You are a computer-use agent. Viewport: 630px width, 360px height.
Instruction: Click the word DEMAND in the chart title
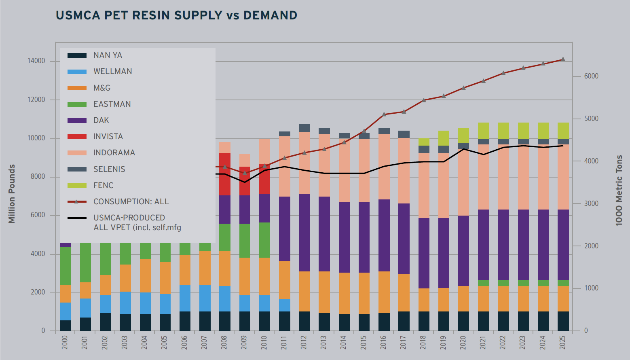[270, 15]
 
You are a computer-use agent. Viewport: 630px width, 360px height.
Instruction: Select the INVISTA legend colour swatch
[77, 137]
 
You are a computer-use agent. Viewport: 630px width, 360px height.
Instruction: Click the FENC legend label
[104, 185]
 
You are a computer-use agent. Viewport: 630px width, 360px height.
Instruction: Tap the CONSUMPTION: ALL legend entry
[131, 201]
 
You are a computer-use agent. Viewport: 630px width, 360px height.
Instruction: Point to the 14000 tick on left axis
[36, 61]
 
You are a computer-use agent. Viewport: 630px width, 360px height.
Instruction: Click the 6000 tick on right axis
[591, 76]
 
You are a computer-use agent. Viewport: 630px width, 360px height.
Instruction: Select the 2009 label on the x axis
[244, 342]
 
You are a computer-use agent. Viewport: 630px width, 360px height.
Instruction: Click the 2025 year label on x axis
[563, 342]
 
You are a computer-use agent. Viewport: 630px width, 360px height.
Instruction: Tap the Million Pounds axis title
[12, 193]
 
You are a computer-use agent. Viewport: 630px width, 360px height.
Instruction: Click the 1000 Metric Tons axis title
[619, 190]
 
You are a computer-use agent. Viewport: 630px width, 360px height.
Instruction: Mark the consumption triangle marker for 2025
[563, 59]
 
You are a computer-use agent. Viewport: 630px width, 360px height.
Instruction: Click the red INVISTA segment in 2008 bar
[225, 174]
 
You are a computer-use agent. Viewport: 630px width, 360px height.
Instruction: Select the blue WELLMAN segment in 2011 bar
[285, 305]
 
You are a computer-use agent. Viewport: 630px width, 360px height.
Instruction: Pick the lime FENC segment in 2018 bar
[424, 142]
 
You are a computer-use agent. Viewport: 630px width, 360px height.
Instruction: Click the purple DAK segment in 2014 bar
[344, 237]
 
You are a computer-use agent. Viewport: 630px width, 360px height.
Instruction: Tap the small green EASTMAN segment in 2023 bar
[523, 283]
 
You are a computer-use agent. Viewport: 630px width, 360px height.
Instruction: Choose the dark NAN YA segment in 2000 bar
[66, 326]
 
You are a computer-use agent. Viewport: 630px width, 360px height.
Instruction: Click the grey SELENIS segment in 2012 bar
[304, 128]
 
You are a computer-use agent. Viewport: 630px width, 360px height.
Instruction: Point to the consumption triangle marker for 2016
[384, 114]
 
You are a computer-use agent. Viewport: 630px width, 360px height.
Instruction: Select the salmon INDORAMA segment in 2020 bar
[463, 182]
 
